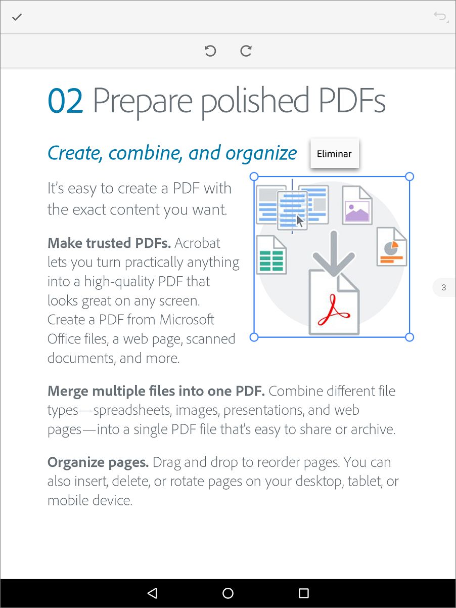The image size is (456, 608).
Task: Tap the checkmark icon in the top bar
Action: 17,17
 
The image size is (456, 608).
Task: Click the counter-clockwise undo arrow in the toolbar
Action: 210,51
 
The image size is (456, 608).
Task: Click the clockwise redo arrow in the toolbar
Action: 246,51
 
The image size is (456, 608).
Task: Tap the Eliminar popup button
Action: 335,153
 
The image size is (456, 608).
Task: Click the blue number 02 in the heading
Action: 65,101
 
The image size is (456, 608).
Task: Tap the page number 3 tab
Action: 444,287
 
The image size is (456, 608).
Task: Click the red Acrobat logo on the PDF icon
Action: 334,310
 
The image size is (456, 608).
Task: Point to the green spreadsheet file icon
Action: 271,255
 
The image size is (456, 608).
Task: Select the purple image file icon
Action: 357,205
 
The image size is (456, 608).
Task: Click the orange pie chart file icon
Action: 392,246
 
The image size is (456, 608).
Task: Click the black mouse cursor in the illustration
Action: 300,221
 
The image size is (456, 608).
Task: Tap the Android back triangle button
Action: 152,593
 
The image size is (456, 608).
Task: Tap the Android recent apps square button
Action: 304,593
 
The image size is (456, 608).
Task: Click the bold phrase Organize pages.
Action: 98,463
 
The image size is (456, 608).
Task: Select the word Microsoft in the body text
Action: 187,320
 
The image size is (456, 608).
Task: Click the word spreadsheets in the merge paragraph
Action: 132,411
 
